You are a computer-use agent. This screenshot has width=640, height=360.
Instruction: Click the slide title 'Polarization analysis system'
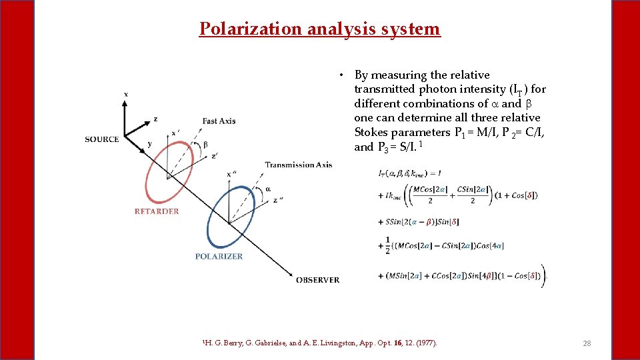pyautogui.click(x=320, y=29)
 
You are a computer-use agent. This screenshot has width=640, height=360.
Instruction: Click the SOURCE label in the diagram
pyautogui.click(x=102, y=139)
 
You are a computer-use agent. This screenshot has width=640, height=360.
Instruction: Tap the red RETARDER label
pyautogui.click(x=157, y=211)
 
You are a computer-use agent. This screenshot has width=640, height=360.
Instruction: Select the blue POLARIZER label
pyautogui.click(x=219, y=256)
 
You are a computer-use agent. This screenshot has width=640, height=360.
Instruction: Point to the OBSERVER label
pyautogui.click(x=317, y=280)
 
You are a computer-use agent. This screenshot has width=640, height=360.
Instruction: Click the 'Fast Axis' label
pyautogui.click(x=219, y=121)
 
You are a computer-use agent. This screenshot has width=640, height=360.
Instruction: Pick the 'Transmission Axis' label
pyautogui.click(x=298, y=165)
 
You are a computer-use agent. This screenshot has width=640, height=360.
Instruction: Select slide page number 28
pyautogui.click(x=587, y=343)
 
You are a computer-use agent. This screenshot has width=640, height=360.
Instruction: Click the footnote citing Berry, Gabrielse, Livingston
pyautogui.click(x=319, y=343)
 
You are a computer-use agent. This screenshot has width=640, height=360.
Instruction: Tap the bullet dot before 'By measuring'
pyautogui.click(x=341, y=75)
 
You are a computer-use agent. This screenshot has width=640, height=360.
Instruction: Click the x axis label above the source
pyautogui.click(x=126, y=94)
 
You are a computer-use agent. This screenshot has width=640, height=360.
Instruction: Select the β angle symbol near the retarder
pyautogui.click(x=205, y=145)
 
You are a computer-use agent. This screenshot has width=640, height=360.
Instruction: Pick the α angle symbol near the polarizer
pyautogui.click(x=268, y=189)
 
